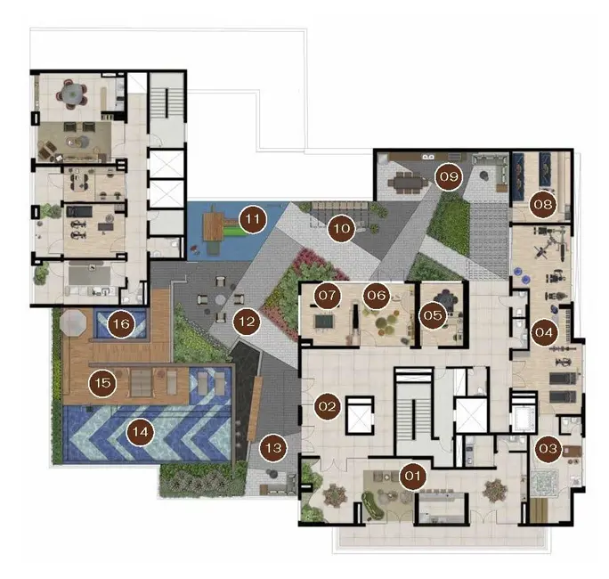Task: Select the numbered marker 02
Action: coord(326,407)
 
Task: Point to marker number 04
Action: coord(545,333)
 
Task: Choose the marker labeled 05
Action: coord(433,314)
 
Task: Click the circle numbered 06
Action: coord(376,294)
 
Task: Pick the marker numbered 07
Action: coord(328,294)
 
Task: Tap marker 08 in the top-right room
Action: coord(542,204)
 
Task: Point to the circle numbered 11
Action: coord(254,216)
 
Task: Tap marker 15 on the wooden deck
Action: coord(102,383)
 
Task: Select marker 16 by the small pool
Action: coord(121,325)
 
